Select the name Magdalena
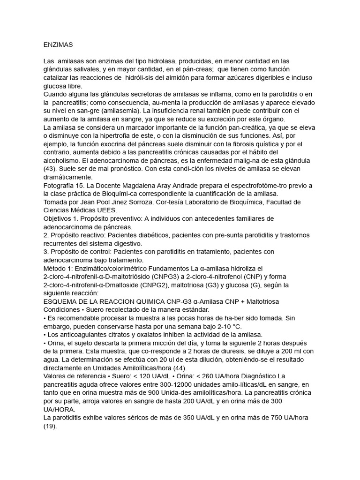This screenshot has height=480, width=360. click(128, 186)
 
